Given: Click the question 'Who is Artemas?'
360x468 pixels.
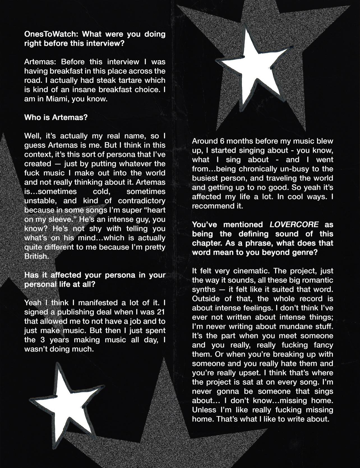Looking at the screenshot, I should pyautogui.click(x=56, y=117).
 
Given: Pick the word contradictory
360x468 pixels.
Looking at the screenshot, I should pyautogui.click(x=142, y=201).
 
